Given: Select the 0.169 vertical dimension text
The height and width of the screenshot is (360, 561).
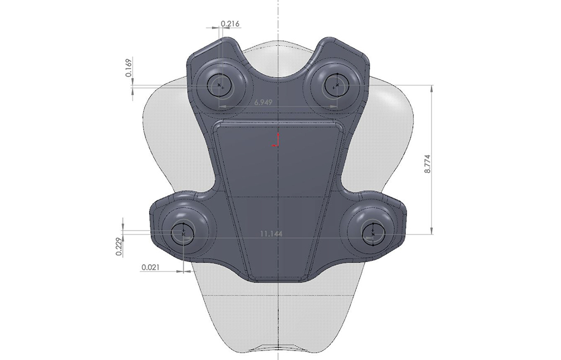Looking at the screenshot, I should point(129,67).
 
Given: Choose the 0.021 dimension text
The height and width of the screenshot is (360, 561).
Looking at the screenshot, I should point(151,267).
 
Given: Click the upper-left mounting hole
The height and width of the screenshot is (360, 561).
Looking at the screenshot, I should point(220,85).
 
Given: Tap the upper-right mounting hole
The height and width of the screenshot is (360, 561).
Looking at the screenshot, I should point(335,84).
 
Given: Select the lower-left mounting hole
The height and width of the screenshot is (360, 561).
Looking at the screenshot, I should point(183,233).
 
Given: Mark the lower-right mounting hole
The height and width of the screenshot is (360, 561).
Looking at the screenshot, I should point(373,233).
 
